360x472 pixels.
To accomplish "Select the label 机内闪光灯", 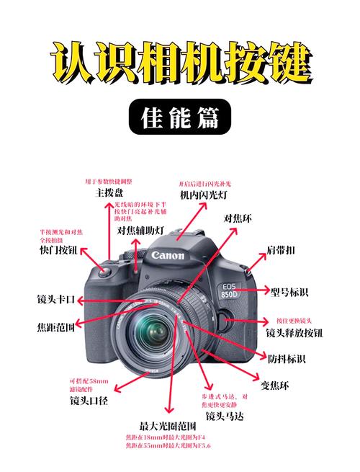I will click(x=204, y=195).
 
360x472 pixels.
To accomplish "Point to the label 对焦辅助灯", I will click(x=141, y=231).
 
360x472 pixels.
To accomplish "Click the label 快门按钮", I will click(x=58, y=250).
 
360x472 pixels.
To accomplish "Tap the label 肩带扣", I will click(x=282, y=249).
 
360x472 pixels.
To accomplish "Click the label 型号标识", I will click(x=289, y=292).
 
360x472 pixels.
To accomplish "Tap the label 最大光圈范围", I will click(x=165, y=425).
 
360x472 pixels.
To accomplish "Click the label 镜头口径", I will click(x=89, y=400).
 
